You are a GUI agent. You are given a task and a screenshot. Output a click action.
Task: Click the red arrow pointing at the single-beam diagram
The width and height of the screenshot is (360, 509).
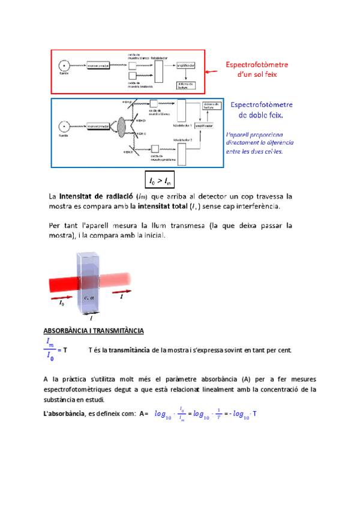[212, 71]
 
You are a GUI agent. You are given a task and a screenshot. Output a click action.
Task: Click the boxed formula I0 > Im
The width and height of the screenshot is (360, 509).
[160, 180]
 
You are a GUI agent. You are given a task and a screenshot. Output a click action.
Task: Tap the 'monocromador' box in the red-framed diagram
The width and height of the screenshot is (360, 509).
[100, 64]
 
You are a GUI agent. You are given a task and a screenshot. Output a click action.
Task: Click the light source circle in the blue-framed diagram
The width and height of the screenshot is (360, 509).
[62, 127]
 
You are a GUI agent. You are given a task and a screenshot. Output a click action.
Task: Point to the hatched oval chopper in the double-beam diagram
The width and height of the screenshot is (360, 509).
[121, 128]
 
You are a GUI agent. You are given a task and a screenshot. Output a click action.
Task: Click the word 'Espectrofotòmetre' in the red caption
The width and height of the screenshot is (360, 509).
[257, 64]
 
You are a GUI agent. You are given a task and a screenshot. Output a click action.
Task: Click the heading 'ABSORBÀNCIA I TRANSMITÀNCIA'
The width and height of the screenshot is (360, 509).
[93, 331]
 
